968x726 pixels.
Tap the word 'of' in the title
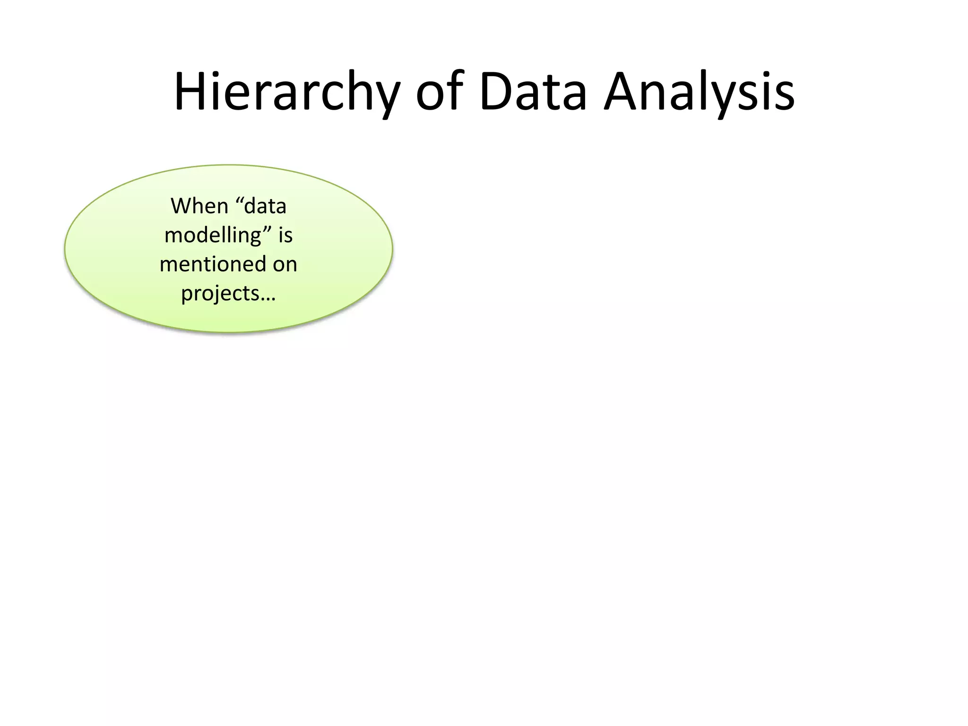pos(438,92)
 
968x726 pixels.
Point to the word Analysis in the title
pos(700,92)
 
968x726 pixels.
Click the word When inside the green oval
pos(199,206)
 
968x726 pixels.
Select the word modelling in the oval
pos(213,235)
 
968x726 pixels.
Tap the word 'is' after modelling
pos(285,235)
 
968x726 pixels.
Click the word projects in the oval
pos(220,294)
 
